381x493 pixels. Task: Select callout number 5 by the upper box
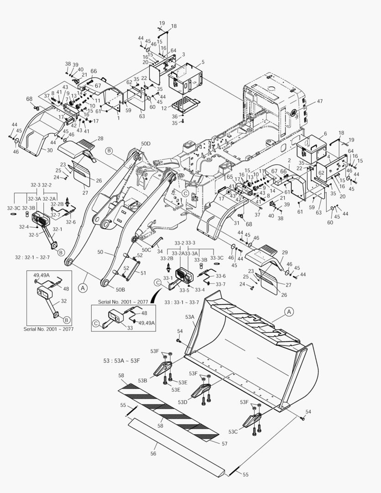(x=203, y=62)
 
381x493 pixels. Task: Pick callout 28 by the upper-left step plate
(x=100, y=138)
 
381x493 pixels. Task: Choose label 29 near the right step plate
(x=284, y=252)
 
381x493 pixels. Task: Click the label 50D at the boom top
(x=145, y=143)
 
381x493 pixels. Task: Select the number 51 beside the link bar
(x=143, y=273)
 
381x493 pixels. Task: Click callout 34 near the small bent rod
(x=159, y=251)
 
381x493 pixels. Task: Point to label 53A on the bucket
(x=189, y=316)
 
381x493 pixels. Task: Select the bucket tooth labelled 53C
(x=252, y=422)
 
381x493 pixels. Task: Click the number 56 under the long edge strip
(x=153, y=454)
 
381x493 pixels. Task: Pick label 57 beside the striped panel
(x=224, y=443)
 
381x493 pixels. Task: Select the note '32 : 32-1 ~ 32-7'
(x=33, y=257)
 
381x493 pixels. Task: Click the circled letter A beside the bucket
(x=289, y=311)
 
